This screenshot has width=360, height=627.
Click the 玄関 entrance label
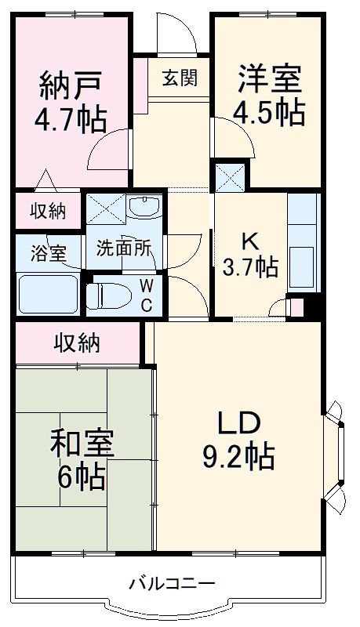[x=180, y=78]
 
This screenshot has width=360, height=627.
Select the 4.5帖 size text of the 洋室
[x=269, y=114]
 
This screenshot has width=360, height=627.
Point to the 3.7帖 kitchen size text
[x=250, y=267]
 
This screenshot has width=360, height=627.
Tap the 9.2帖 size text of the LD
[x=239, y=455]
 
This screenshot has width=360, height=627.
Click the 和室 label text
[x=82, y=443]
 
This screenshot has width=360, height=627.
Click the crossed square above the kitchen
[x=231, y=176]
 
